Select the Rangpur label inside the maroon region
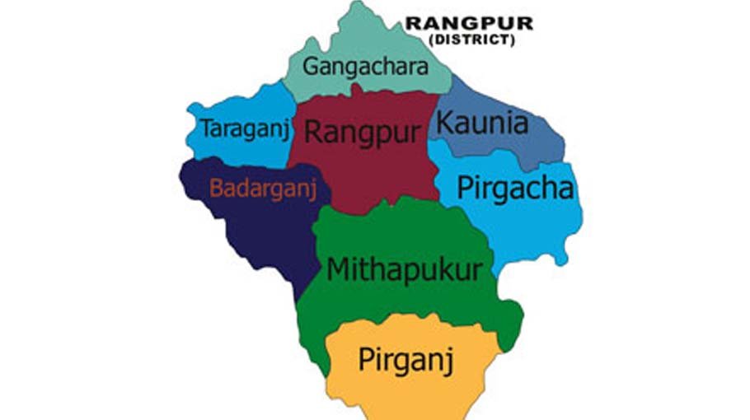[363, 132]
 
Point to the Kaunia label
[482, 124]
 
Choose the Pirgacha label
[515, 189]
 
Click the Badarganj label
[263, 189]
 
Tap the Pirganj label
[406, 360]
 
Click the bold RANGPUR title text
[468, 24]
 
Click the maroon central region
[371, 177]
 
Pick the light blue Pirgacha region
[536, 226]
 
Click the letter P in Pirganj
[365, 358]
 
